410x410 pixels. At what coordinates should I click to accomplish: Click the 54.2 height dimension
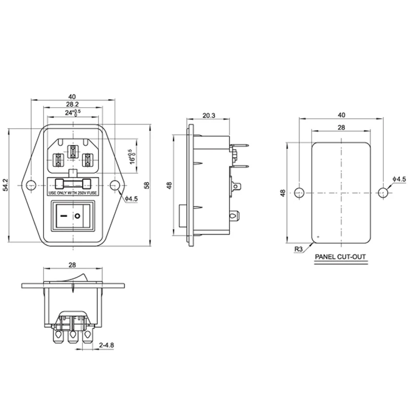6,185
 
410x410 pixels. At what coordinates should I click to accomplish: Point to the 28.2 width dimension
72,104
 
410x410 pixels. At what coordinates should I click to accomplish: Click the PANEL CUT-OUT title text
341,257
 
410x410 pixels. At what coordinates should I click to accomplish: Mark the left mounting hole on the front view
31,185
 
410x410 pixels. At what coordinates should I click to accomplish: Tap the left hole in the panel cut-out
299,193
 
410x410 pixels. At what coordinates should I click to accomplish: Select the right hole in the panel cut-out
382,193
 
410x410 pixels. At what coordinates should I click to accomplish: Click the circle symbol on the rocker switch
78,217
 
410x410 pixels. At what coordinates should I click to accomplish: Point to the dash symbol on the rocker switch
63,217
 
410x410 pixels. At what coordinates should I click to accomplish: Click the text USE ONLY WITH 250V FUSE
72,194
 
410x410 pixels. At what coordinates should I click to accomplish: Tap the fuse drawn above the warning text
72,183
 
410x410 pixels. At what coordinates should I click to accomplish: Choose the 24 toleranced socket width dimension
72,113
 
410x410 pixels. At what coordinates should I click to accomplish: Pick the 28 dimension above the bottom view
72,264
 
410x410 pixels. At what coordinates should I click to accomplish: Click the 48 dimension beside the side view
169,185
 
